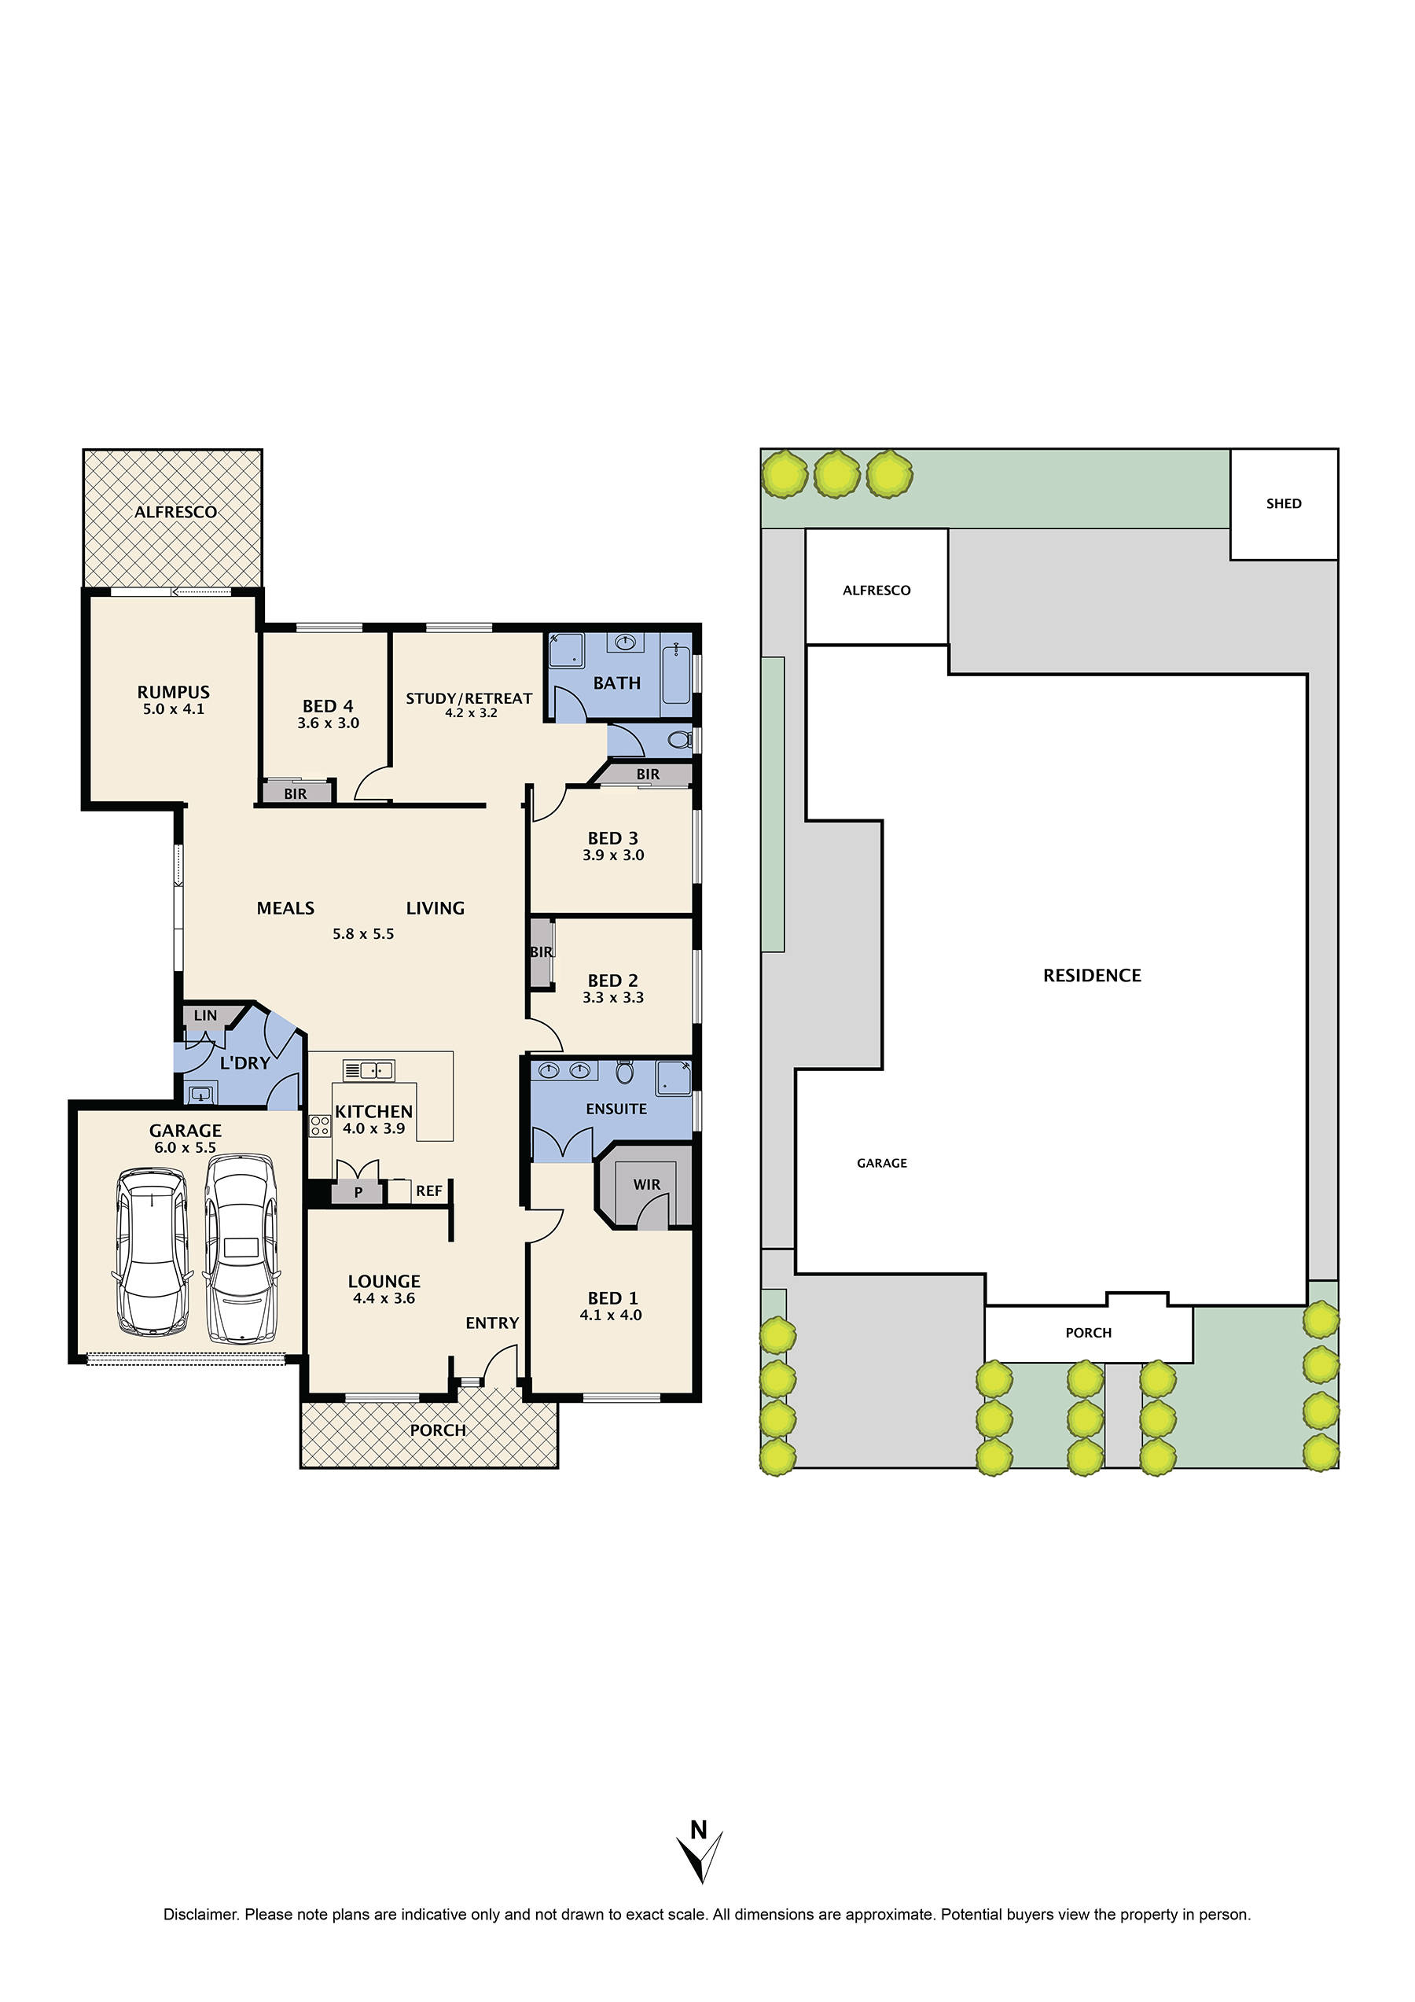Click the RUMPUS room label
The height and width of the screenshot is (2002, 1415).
click(173, 691)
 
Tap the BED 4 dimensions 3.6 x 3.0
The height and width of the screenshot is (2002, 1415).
click(328, 723)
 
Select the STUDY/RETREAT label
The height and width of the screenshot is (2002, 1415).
click(469, 698)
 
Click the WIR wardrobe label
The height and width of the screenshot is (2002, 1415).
click(646, 1184)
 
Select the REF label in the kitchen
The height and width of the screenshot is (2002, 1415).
click(428, 1191)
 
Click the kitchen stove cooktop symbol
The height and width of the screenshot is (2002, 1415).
click(319, 1126)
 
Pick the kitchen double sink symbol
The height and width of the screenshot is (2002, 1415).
click(369, 1070)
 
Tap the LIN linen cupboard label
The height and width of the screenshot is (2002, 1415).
click(205, 1015)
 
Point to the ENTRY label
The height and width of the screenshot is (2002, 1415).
click(492, 1323)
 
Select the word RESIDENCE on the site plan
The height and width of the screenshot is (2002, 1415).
click(1092, 975)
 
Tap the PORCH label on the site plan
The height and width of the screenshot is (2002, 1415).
click(1088, 1332)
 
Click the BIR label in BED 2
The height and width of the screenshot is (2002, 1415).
click(541, 951)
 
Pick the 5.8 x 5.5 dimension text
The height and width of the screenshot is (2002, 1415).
click(362, 933)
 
